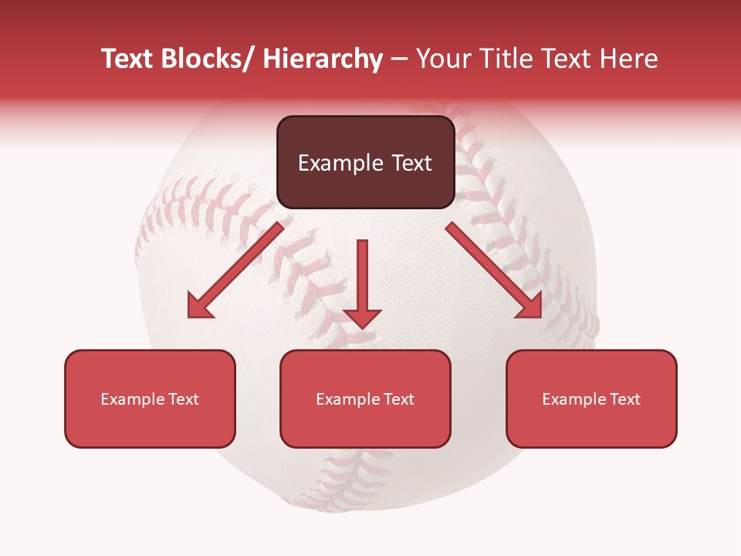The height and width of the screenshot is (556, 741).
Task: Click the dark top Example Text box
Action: [365, 162]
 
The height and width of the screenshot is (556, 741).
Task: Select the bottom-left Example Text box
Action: [150, 398]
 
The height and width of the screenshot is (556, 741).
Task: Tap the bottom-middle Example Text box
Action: [365, 398]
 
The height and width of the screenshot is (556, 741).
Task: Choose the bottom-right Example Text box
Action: [591, 398]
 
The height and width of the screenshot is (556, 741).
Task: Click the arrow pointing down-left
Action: [235, 270]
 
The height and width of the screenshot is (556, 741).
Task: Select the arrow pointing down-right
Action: [494, 270]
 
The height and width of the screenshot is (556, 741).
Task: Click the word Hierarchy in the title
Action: [323, 59]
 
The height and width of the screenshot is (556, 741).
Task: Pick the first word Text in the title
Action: [128, 59]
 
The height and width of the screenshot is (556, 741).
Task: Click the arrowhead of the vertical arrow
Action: [362, 317]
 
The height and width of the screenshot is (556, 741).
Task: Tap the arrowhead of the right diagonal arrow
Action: [530, 306]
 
